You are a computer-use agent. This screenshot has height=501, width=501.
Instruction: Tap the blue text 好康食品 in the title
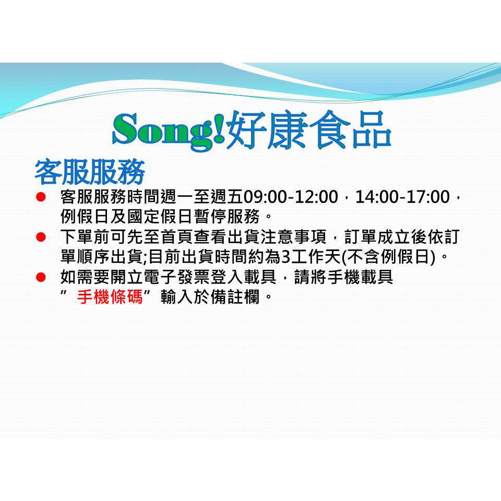[308, 129]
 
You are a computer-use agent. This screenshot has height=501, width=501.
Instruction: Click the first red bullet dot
[41, 197]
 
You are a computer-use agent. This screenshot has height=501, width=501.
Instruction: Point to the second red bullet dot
[41, 237]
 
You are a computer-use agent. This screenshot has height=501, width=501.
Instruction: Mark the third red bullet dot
[41, 277]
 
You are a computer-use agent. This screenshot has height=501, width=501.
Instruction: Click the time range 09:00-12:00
[291, 197]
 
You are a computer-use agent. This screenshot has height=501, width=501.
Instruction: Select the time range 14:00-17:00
[402, 197]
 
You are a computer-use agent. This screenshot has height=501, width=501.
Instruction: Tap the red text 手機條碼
[110, 297]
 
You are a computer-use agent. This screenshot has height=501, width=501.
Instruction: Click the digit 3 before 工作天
[285, 257]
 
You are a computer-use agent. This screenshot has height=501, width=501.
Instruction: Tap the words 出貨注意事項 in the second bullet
[277, 237]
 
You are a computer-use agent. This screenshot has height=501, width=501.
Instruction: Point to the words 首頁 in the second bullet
[177, 237]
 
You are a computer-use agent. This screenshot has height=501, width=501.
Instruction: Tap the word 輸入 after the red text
[177, 297]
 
